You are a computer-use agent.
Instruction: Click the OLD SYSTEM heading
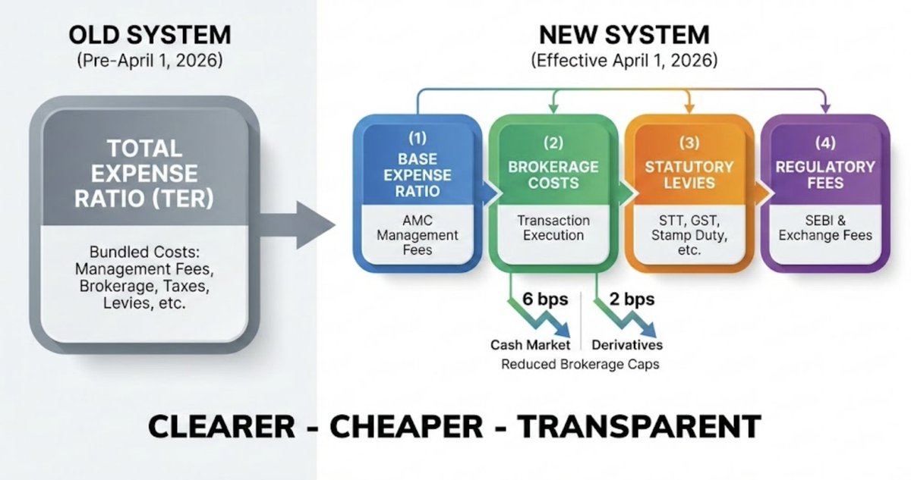click(150, 35)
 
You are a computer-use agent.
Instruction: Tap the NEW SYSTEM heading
click(624, 35)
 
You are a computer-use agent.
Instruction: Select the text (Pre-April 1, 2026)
click(150, 61)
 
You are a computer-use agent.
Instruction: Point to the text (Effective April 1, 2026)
click(624, 61)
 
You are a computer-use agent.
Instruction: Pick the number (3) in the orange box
click(689, 142)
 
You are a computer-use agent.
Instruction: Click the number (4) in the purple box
click(825, 142)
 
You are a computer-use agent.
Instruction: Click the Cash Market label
click(530, 345)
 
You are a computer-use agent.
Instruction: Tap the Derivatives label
click(626, 345)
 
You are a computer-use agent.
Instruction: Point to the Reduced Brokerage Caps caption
click(580, 364)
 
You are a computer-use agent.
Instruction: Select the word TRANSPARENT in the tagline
click(638, 426)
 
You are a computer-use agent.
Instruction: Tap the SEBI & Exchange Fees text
click(825, 227)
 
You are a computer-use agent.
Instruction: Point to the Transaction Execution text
click(553, 227)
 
